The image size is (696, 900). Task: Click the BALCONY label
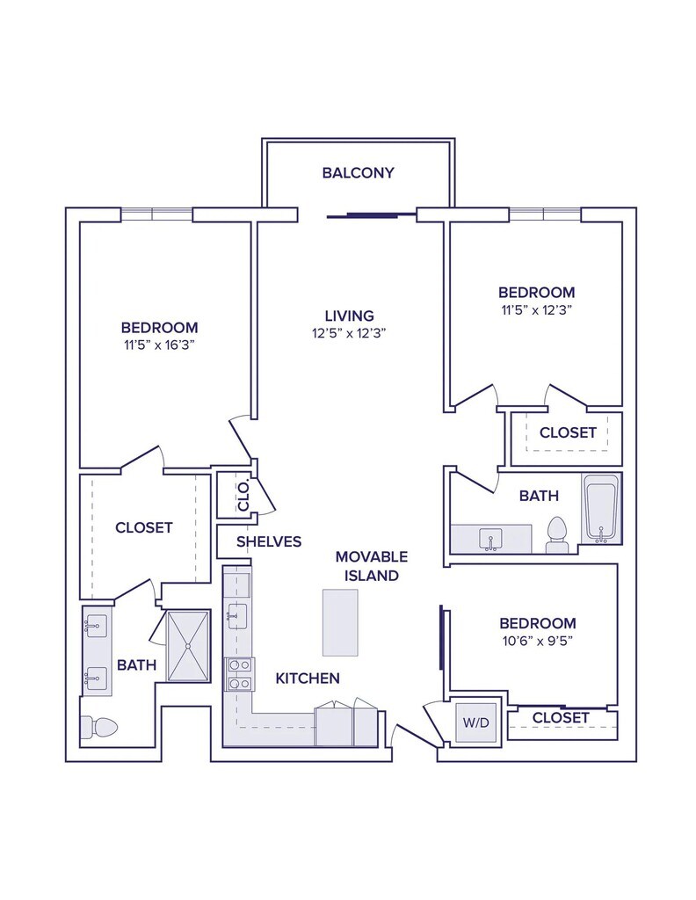358,173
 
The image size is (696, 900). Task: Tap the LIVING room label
350,316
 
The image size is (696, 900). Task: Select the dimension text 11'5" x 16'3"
160,345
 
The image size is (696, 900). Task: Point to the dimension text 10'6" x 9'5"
538,641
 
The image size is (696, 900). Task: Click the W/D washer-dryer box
476,722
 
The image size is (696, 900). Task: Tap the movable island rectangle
340,623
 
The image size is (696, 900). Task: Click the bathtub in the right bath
601,509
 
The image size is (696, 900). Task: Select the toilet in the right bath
556,535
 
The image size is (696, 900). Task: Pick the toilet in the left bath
98,728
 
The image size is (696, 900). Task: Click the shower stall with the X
188,646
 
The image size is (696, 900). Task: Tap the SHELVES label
269,541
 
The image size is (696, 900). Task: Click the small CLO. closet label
243,495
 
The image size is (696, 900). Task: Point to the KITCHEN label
308,679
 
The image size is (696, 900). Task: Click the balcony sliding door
371,215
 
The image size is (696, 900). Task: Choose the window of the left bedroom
156,214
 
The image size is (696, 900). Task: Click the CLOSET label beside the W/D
561,717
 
